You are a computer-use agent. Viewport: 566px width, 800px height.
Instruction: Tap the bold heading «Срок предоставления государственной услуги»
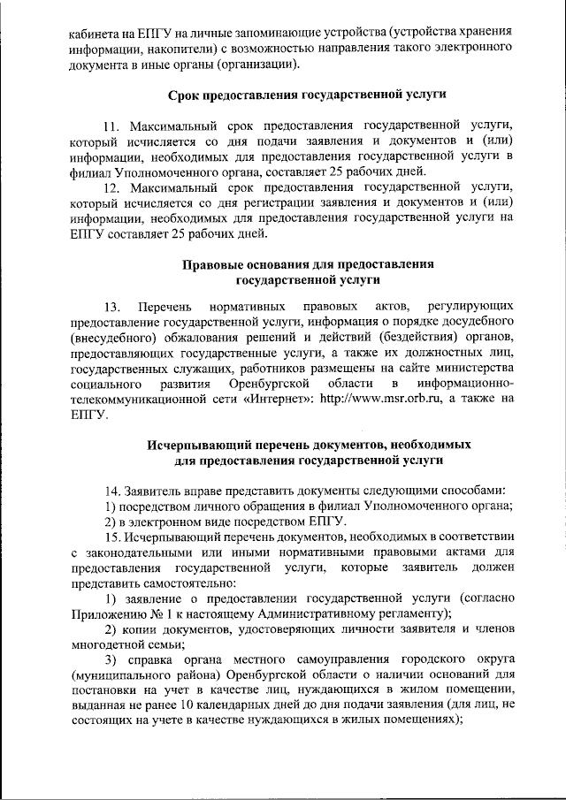(307, 95)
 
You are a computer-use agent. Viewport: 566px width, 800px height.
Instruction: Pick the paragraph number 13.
(112, 307)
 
